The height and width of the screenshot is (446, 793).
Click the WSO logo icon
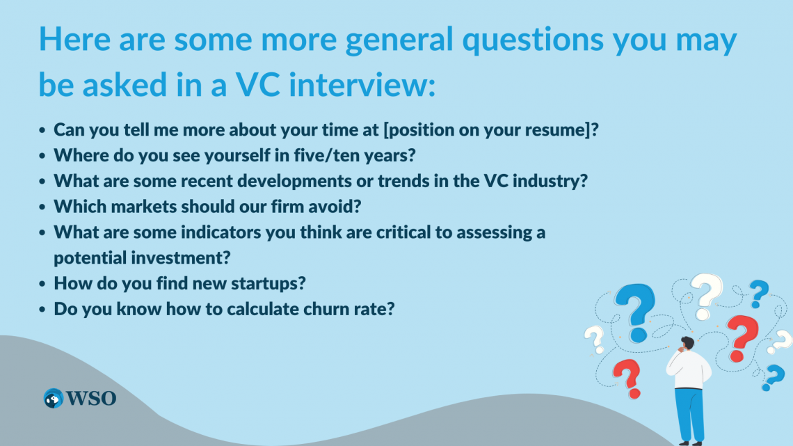(x=54, y=398)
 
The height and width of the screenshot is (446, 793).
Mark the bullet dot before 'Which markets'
(x=43, y=207)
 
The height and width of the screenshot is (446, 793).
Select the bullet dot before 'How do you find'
(x=43, y=285)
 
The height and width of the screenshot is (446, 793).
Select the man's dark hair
(x=688, y=342)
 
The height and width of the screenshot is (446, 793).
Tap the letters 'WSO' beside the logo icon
(x=91, y=398)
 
